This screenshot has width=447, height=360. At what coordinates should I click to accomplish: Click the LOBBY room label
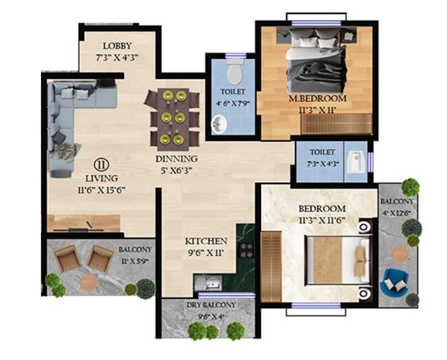(x=117, y=46)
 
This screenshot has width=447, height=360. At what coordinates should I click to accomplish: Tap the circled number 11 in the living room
(x=101, y=164)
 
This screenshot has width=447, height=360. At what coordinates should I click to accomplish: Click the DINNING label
(x=176, y=159)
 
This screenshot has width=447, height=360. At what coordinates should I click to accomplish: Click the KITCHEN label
(x=206, y=241)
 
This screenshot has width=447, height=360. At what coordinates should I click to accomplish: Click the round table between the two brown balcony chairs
(x=89, y=282)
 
